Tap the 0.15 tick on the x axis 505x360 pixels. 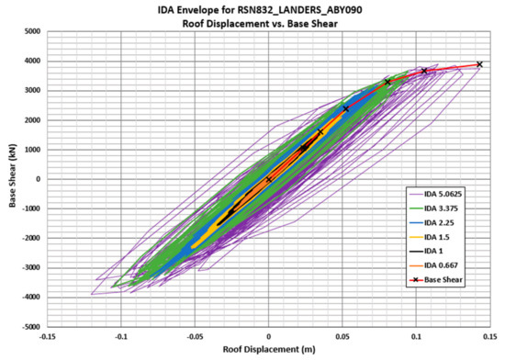coord(492,337)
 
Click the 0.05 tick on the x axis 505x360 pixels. coord(343,337)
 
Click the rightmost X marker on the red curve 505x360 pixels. coord(479,65)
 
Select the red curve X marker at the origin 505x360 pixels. coord(268,179)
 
